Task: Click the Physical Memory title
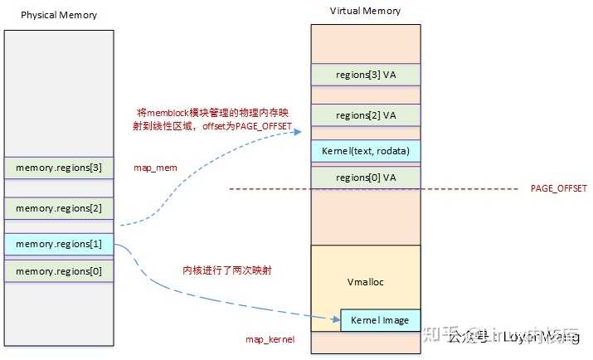coord(58,15)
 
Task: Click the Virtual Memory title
coord(365,11)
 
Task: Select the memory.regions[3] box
coord(58,168)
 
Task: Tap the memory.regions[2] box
coord(58,208)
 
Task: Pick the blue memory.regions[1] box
coord(58,245)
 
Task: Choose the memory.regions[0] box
coord(58,270)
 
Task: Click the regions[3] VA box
coord(365,75)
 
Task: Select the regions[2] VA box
coord(365,114)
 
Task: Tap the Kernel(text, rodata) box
coord(365,151)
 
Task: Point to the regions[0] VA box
coord(365,178)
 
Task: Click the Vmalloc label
coord(365,282)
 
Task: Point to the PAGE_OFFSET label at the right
coord(558,189)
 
